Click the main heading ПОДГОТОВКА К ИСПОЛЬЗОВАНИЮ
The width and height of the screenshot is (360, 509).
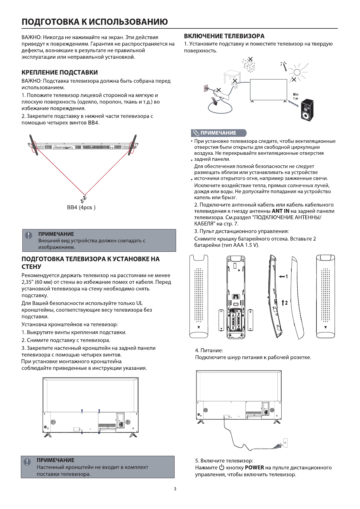coord(94,22)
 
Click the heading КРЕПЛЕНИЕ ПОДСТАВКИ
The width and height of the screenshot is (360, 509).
coord(60,73)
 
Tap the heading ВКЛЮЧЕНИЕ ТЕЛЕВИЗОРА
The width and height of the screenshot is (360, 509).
coord(224,36)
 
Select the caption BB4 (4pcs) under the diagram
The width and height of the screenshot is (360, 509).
coord(81,208)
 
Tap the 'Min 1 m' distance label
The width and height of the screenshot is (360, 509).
coord(295,97)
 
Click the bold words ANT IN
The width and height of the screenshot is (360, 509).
coord(280,211)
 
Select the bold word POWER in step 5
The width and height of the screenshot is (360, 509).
coord(254,468)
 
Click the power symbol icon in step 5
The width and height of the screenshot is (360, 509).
coord(222,468)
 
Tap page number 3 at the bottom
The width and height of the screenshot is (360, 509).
coord(175,489)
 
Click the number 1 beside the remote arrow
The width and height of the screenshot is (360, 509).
coord(286,277)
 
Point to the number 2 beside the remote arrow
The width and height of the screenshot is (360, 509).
coord(286,302)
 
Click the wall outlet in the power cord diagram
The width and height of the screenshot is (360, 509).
coord(285,443)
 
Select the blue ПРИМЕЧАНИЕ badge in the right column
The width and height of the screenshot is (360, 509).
coord(218,133)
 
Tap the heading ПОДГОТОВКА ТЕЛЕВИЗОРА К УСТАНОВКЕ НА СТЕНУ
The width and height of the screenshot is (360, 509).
coord(90,263)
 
